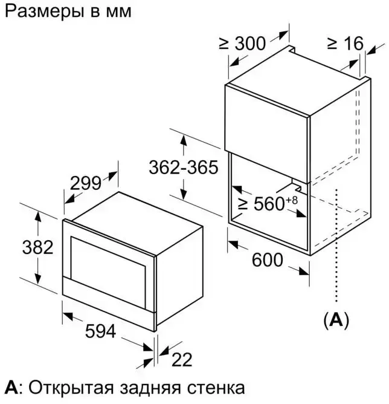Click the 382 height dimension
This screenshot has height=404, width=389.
tap(37, 247)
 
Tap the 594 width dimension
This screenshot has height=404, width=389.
tap(100, 331)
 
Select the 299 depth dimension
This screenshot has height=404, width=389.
tap(85, 183)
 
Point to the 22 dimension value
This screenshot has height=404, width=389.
tap(182, 360)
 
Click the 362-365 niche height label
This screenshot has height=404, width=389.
tap(184, 167)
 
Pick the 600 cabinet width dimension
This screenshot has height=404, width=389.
tap(268, 259)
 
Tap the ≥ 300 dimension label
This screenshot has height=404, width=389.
tap(242, 44)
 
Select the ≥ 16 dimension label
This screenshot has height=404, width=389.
tap(346, 44)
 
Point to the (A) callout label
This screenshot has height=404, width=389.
tap(336, 321)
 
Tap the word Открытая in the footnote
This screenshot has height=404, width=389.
tap(71, 388)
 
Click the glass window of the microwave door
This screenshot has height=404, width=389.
tap(108, 272)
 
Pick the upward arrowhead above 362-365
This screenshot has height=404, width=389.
tap(183, 141)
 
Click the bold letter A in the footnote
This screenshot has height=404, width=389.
tap(11, 388)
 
